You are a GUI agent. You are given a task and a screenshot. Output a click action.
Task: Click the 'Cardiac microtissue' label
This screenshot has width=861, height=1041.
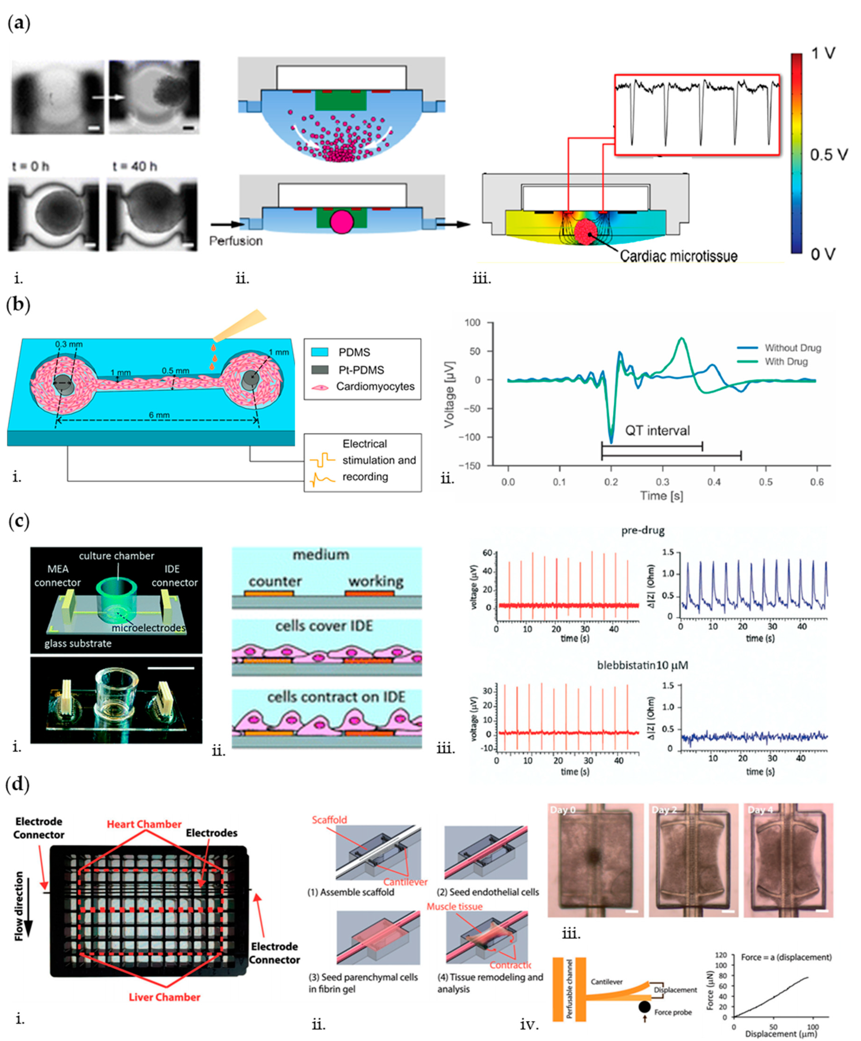[x=678, y=256]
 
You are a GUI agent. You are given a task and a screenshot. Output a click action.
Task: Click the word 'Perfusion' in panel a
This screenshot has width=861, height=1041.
[x=236, y=241]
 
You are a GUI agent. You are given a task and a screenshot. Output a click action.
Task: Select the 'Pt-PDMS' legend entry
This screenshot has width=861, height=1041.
[x=361, y=370]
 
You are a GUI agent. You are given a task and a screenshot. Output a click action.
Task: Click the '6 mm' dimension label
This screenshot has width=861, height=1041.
[x=159, y=415]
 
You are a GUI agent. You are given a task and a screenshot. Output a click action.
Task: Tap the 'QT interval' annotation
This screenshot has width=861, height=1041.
[x=657, y=430]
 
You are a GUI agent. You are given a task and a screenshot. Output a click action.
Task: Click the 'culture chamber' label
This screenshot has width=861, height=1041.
[x=117, y=556]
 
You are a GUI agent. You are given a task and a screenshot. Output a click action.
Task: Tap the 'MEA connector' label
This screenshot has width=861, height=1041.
[x=58, y=576]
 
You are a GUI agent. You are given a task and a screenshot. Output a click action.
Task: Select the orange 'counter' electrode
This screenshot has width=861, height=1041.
[x=269, y=593]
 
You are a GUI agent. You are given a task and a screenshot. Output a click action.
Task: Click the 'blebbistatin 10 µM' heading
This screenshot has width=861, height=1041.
[x=642, y=665]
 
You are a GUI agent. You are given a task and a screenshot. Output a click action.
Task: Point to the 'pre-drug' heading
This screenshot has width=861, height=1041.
[x=643, y=530]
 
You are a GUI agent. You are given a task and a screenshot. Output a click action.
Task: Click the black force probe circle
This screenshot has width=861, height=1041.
[x=644, y=1007]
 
